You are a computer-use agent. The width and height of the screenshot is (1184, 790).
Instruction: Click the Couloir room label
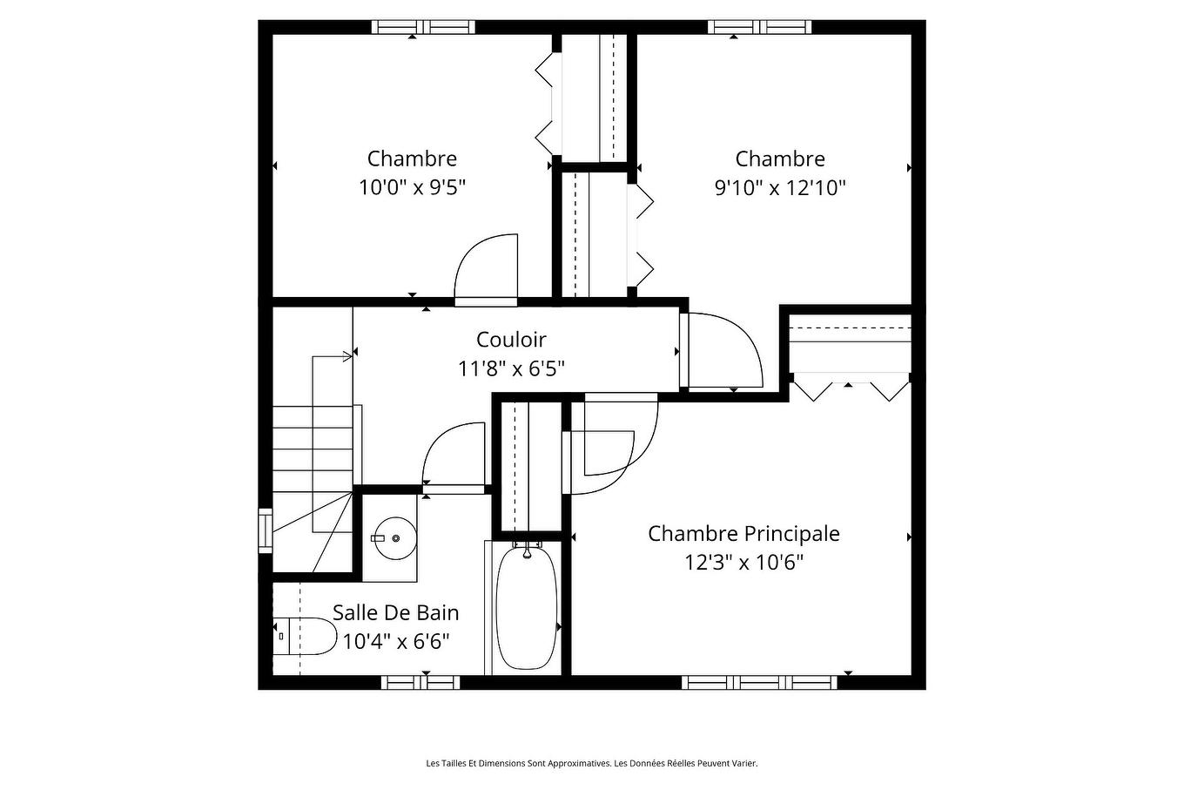pos(511,340)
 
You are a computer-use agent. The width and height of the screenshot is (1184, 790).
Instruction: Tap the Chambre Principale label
pos(743,533)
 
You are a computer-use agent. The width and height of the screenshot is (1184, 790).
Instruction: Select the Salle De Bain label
pos(395,612)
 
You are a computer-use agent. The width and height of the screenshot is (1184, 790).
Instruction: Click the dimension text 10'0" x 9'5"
pos(412,187)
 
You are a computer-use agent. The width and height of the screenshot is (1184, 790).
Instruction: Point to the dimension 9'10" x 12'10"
pos(780,187)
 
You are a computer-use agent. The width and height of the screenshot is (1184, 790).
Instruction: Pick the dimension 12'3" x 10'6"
pos(743,562)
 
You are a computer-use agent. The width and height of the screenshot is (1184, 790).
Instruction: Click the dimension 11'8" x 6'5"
pos(511,368)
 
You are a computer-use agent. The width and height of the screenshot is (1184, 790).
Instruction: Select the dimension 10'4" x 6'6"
pos(395,642)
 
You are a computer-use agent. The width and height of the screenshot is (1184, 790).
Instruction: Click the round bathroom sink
pos(395,538)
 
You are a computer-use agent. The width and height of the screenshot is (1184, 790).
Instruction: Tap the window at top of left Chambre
pos(423,27)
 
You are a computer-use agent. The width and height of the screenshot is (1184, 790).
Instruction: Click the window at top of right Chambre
pos(759,27)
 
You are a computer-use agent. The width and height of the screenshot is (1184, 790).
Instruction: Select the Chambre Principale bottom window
pos(759,682)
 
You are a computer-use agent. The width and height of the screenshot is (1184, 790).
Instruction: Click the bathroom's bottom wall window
pos(420,682)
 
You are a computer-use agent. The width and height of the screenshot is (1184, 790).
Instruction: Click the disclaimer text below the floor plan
pos(591,764)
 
